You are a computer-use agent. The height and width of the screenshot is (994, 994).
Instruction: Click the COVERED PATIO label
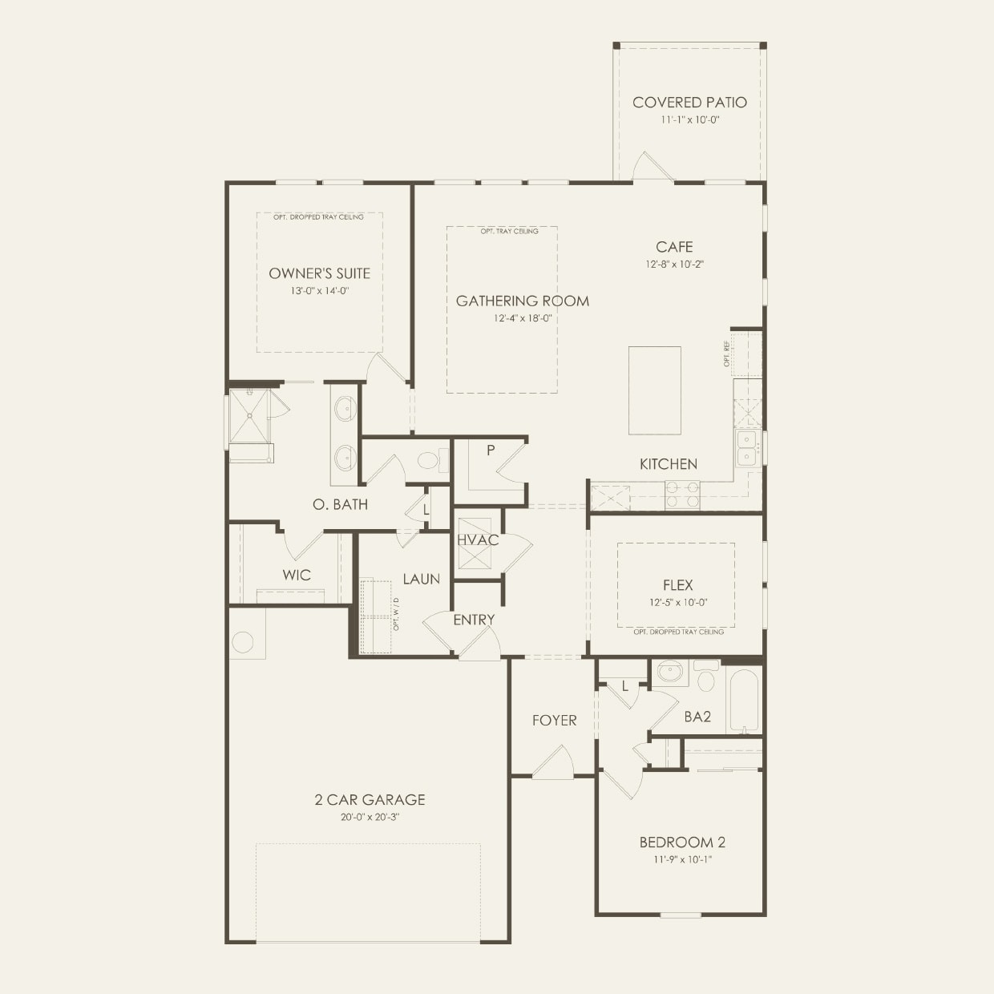point(689,103)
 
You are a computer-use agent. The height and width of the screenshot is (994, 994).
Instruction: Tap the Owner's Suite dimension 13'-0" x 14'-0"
point(320,291)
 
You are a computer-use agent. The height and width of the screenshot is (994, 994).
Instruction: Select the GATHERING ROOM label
point(522,301)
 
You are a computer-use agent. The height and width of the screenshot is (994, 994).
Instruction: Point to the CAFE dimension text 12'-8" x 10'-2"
point(674,264)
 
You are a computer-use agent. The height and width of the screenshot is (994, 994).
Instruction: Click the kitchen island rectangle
point(655,390)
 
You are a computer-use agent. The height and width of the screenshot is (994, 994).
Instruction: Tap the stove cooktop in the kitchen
point(681,495)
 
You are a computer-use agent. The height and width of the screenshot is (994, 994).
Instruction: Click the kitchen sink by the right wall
point(749,449)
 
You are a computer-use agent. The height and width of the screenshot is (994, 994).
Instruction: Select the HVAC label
point(478,540)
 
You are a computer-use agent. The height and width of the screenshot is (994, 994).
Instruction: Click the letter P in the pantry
point(491,451)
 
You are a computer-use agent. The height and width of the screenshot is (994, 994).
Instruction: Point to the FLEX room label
point(677,586)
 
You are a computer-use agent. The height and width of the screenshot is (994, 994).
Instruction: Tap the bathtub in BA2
point(743,701)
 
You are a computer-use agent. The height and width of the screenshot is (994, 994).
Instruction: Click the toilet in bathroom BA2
point(705,678)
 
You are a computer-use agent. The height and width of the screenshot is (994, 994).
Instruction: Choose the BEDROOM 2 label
point(682,842)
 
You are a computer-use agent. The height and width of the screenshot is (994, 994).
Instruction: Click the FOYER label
point(554,721)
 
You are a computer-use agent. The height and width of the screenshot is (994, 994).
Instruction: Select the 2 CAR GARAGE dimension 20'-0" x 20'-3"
point(369,818)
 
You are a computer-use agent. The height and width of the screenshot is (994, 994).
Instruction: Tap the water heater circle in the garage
point(243,642)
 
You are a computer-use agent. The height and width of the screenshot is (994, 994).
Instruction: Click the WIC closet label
point(296,576)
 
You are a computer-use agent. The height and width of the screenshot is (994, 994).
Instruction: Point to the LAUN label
point(421,579)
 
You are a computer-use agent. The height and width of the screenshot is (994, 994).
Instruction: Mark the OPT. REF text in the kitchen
point(727,354)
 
